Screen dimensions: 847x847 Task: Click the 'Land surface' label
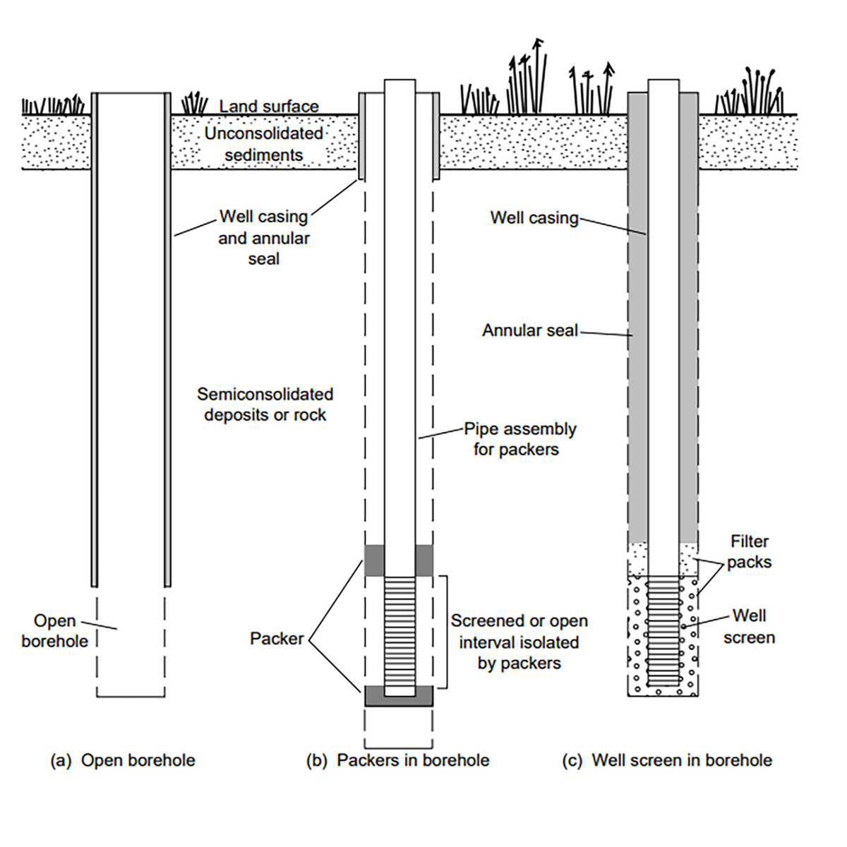click(x=269, y=107)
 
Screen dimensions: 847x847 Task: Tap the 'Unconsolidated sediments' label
click(x=264, y=144)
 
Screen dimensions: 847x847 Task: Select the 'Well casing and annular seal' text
click(x=263, y=238)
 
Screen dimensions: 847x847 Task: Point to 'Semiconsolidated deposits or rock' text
click(x=265, y=404)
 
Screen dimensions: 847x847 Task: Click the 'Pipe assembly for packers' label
click(x=519, y=439)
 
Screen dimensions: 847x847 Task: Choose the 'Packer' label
click(x=276, y=639)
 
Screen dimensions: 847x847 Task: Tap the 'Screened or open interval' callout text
click(x=519, y=642)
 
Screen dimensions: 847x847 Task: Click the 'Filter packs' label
click(x=749, y=552)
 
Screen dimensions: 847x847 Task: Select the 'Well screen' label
click(x=749, y=627)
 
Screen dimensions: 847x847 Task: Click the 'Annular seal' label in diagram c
click(x=529, y=330)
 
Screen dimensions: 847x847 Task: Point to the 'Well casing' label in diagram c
click(x=534, y=217)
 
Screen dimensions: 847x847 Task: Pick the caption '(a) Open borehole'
click(x=123, y=760)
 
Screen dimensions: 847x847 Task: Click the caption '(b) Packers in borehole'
click(x=397, y=760)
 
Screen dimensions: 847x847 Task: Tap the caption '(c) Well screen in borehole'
click(x=667, y=760)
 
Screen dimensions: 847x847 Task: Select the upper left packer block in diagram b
click(x=374, y=560)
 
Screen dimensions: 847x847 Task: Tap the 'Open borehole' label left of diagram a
click(x=54, y=631)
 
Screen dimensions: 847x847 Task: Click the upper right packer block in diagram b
click(x=424, y=560)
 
